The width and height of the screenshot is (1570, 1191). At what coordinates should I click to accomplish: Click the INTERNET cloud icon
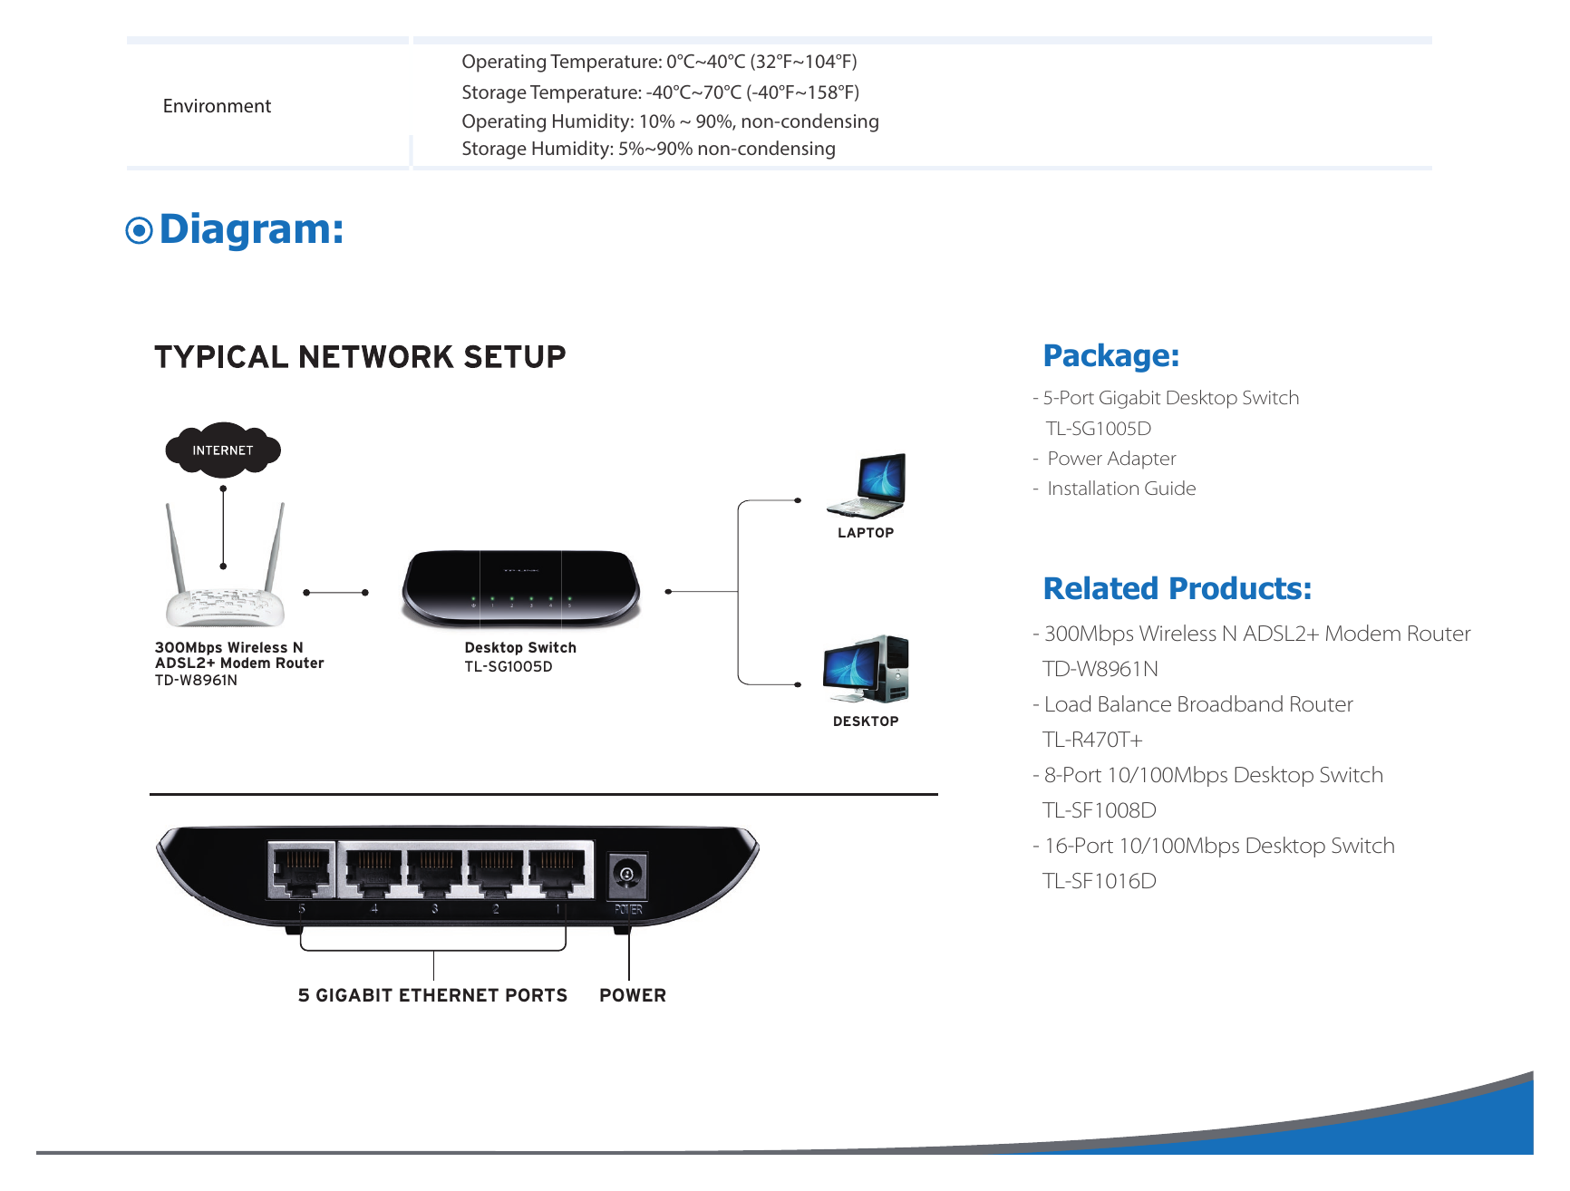223,449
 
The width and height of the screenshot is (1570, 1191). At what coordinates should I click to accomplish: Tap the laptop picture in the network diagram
867,486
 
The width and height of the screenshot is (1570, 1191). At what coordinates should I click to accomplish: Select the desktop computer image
866,669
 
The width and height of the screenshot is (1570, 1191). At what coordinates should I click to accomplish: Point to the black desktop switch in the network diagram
521,589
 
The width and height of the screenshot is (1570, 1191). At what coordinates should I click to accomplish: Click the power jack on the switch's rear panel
627,874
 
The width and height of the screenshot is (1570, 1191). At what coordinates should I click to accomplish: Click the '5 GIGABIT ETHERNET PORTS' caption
432,995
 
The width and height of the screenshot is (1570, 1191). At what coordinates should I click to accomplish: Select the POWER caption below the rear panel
633,995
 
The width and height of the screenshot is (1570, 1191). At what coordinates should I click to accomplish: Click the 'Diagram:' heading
251,229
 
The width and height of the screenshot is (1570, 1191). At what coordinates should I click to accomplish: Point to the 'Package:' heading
1111,356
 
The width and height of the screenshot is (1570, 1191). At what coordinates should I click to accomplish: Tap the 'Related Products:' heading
1177,589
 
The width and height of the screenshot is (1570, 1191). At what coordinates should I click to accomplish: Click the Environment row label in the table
217,106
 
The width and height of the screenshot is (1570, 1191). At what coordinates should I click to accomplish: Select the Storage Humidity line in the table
648,149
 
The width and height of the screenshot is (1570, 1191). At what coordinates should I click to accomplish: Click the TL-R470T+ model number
1092,740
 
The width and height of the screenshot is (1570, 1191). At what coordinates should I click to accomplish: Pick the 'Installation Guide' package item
1121,489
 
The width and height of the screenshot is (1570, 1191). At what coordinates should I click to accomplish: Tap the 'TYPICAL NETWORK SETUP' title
360,357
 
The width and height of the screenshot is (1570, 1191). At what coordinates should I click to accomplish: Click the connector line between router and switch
335,592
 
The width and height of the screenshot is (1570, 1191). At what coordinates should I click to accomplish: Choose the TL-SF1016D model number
1100,881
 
